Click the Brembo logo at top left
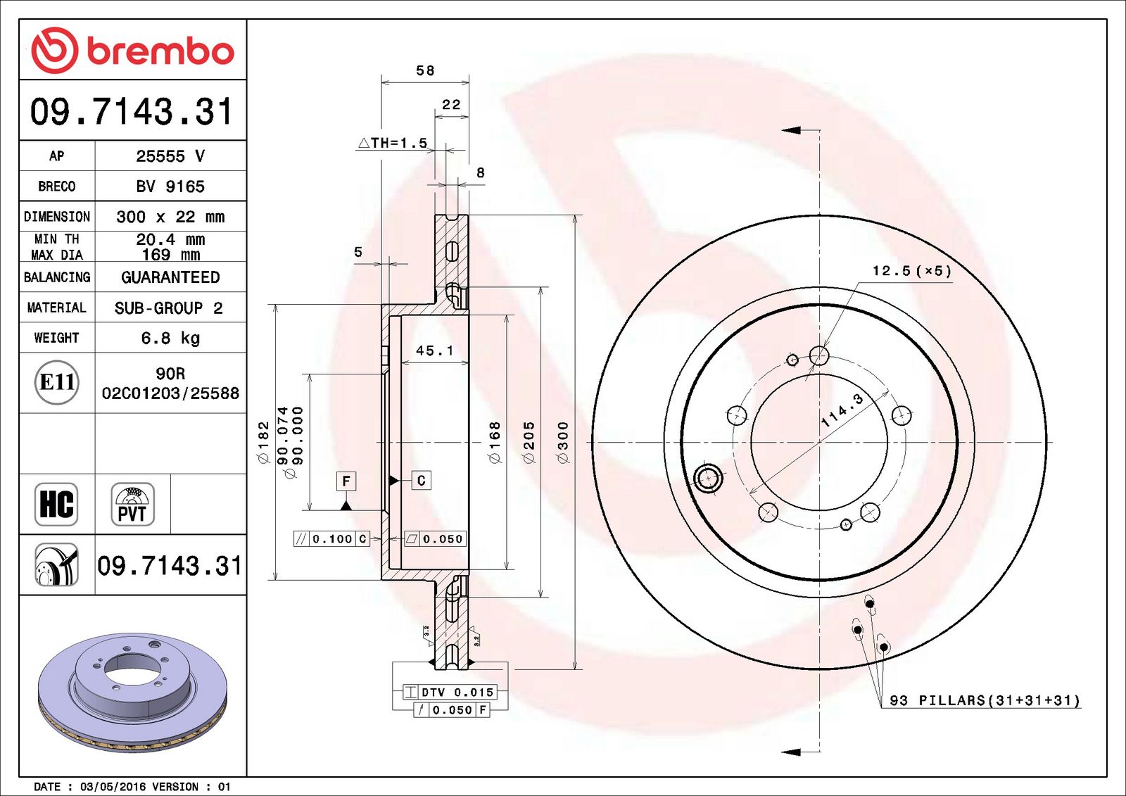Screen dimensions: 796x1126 [132, 51]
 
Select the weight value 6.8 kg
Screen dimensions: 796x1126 [170, 338]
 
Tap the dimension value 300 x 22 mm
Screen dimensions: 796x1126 [170, 217]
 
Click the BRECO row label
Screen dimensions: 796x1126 [56, 187]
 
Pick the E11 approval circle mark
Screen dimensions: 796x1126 [56, 382]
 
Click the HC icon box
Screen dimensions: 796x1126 [56, 504]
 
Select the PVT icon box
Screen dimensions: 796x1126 [132, 504]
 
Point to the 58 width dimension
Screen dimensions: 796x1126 [425, 70]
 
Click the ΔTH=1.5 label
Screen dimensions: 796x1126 [393, 143]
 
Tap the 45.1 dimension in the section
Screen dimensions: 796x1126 [434, 350]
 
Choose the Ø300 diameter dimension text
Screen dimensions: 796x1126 [563, 442]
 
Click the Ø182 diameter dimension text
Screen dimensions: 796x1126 [264, 442]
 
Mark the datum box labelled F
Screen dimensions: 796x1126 [346, 481]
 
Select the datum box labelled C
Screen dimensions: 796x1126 [421, 481]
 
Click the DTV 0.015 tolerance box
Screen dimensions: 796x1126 [450, 693]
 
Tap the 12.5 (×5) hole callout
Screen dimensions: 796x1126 [911, 271]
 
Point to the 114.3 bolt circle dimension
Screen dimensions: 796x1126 [842, 410]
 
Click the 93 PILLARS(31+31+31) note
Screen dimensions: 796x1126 [984, 700]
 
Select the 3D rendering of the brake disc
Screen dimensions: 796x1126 [132, 691]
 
